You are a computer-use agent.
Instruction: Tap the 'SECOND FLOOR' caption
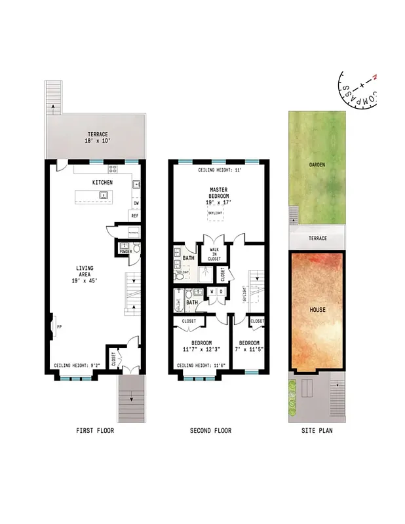pyautogui.click(x=210, y=430)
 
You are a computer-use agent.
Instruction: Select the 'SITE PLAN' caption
pyautogui.click(x=317, y=430)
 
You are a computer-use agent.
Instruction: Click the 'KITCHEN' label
pyautogui.click(x=102, y=182)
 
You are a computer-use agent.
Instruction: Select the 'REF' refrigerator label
pyautogui.click(x=134, y=215)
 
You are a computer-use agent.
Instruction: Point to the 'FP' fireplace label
pyautogui.click(x=59, y=326)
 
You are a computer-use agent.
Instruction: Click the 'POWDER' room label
pyautogui.click(x=125, y=251)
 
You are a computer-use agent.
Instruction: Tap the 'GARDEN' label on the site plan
pyautogui.click(x=317, y=165)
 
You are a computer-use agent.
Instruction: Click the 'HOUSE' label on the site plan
pyautogui.click(x=317, y=309)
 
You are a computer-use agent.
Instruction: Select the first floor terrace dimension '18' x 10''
pyautogui.click(x=96, y=141)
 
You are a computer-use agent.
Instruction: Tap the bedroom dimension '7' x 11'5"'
pyautogui.click(x=249, y=350)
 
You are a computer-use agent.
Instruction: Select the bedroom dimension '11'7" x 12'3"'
pyautogui.click(x=201, y=350)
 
